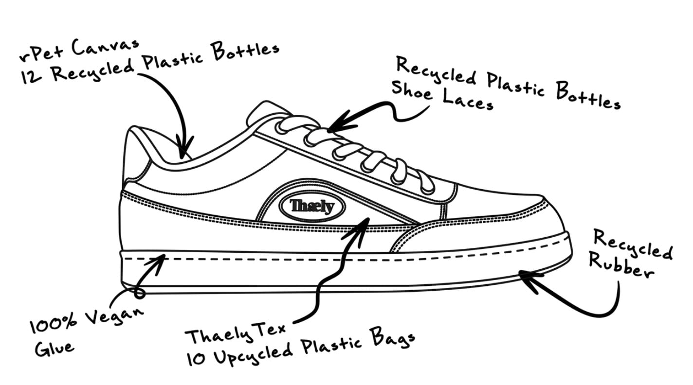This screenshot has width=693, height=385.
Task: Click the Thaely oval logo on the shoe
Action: (x=312, y=207)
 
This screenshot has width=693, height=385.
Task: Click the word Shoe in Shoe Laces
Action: (x=412, y=90)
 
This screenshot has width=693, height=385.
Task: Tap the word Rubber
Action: (x=621, y=266)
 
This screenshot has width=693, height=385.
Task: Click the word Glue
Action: (x=55, y=348)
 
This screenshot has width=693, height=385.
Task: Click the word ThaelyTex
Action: (x=236, y=333)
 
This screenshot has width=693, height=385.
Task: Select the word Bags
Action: (x=393, y=338)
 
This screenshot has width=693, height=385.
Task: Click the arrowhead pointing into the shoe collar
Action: (x=184, y=147)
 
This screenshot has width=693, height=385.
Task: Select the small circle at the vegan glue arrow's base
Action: (x=140, y=293)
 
